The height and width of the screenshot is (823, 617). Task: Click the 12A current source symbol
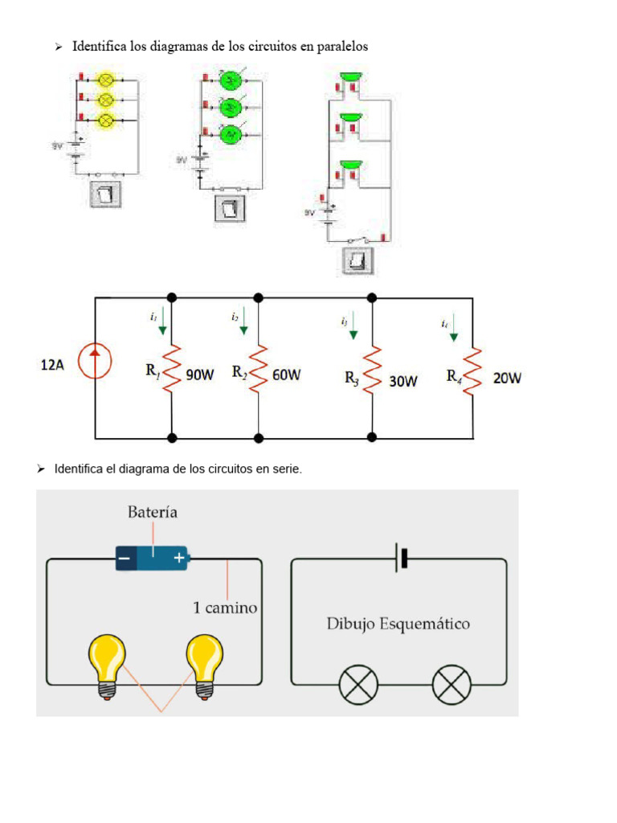[95, 362]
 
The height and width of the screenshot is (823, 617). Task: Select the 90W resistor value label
[200, 375]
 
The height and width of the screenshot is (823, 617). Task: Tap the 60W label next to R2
[287, 374]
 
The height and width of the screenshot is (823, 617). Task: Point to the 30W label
[403, 382]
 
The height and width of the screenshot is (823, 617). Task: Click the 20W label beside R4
[507, 377]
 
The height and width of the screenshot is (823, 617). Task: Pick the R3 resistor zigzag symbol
[371, 371]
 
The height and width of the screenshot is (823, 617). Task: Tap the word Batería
[153, 512]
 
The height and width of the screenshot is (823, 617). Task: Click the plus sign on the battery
[178, 556]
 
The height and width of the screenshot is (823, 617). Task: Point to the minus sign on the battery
[125, 556]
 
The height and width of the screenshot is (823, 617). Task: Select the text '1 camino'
[225, 608]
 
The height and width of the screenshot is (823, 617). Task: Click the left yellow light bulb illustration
[107, 663]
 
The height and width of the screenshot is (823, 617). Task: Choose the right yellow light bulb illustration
[203, 663]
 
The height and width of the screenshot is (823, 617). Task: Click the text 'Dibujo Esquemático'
[398, 624]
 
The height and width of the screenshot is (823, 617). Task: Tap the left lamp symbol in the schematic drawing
[353, 685]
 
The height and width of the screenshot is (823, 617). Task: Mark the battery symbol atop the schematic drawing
[401, 558]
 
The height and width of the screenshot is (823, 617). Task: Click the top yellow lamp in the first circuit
[104, 80]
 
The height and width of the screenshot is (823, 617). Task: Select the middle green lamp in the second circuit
[230, 107]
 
